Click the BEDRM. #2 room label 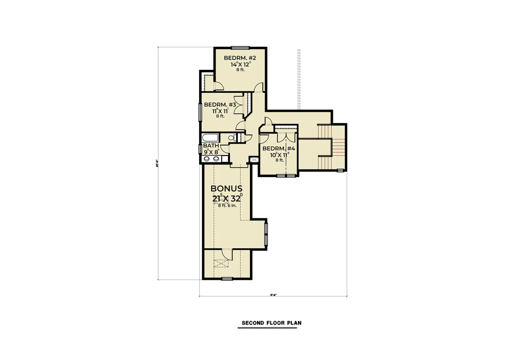point(240,58)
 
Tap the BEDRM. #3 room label point(219,105)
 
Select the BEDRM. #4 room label point(279,149)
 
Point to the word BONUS point(227,189)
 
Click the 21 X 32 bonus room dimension point(227,198)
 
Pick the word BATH point(211,146)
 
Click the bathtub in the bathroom point(211,138)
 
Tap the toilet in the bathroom point(232,138)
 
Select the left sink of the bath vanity point(208,159)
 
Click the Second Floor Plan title point(271,323)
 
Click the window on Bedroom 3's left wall point(201,113)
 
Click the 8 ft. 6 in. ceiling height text point(227,206)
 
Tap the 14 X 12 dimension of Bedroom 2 point(240,64)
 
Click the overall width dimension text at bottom point(273,295)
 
